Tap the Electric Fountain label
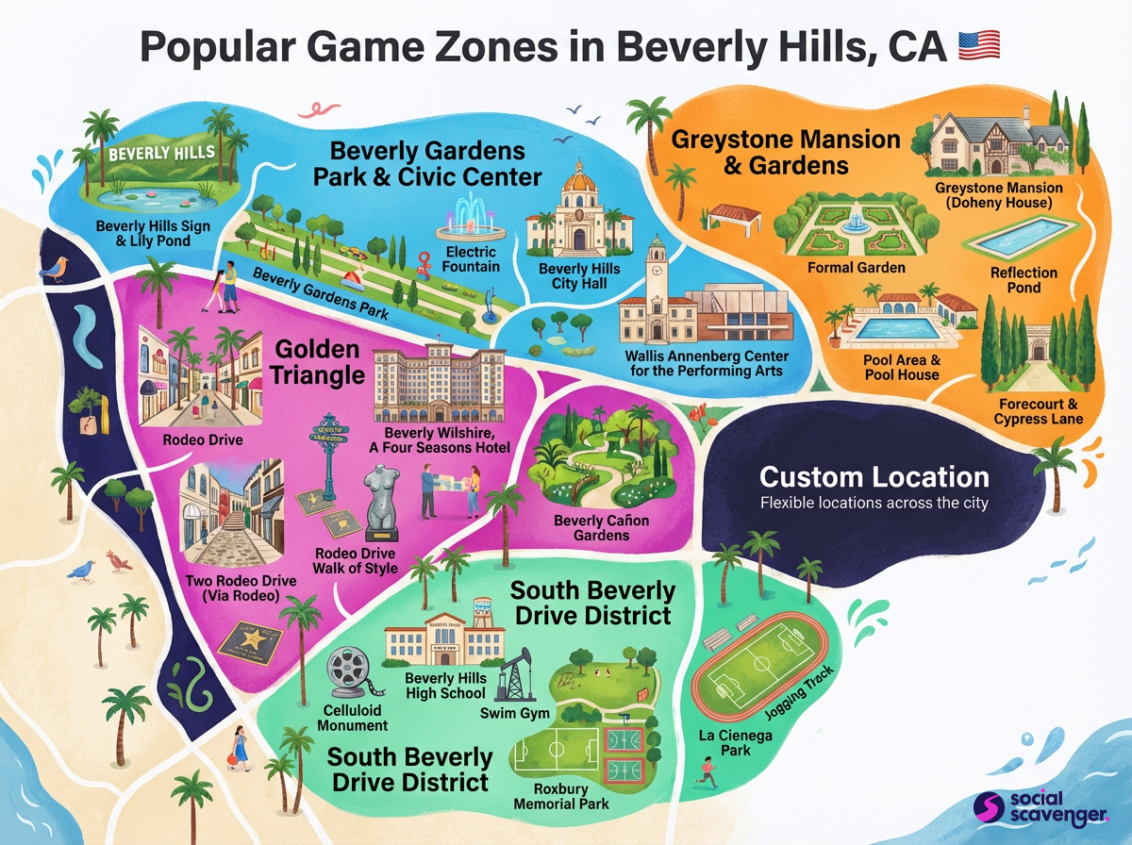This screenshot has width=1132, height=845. click(x=471, y=259)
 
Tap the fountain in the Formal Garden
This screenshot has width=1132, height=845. click(x=856, y=222)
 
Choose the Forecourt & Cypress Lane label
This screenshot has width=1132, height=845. click(x=1039, y=411)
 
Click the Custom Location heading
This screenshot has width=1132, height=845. click(x=874, y=476)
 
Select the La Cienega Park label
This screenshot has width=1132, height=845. click(x=724, y=742)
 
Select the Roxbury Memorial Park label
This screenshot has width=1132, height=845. click(x=561, y=796)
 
